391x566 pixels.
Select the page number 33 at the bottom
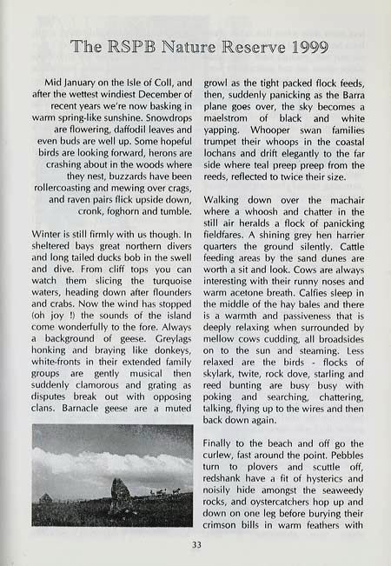click(x=195, y=545)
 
